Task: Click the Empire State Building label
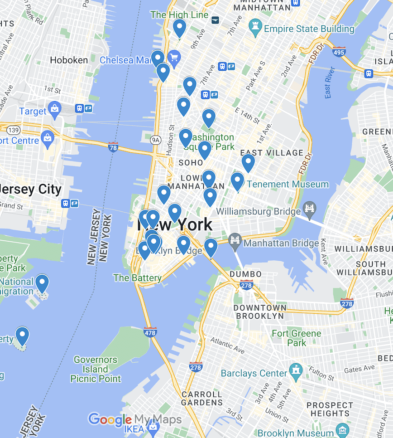click(309, 29)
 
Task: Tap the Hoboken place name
click(69, 60)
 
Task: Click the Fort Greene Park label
click(296, 338)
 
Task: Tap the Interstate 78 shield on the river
click(113, 147)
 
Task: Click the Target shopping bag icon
click(54, 109)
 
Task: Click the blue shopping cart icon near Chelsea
click(174, 58)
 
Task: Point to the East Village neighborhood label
click(272, 153)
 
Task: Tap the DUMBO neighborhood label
click(245, 274)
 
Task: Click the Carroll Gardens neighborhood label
click(201, 398)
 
